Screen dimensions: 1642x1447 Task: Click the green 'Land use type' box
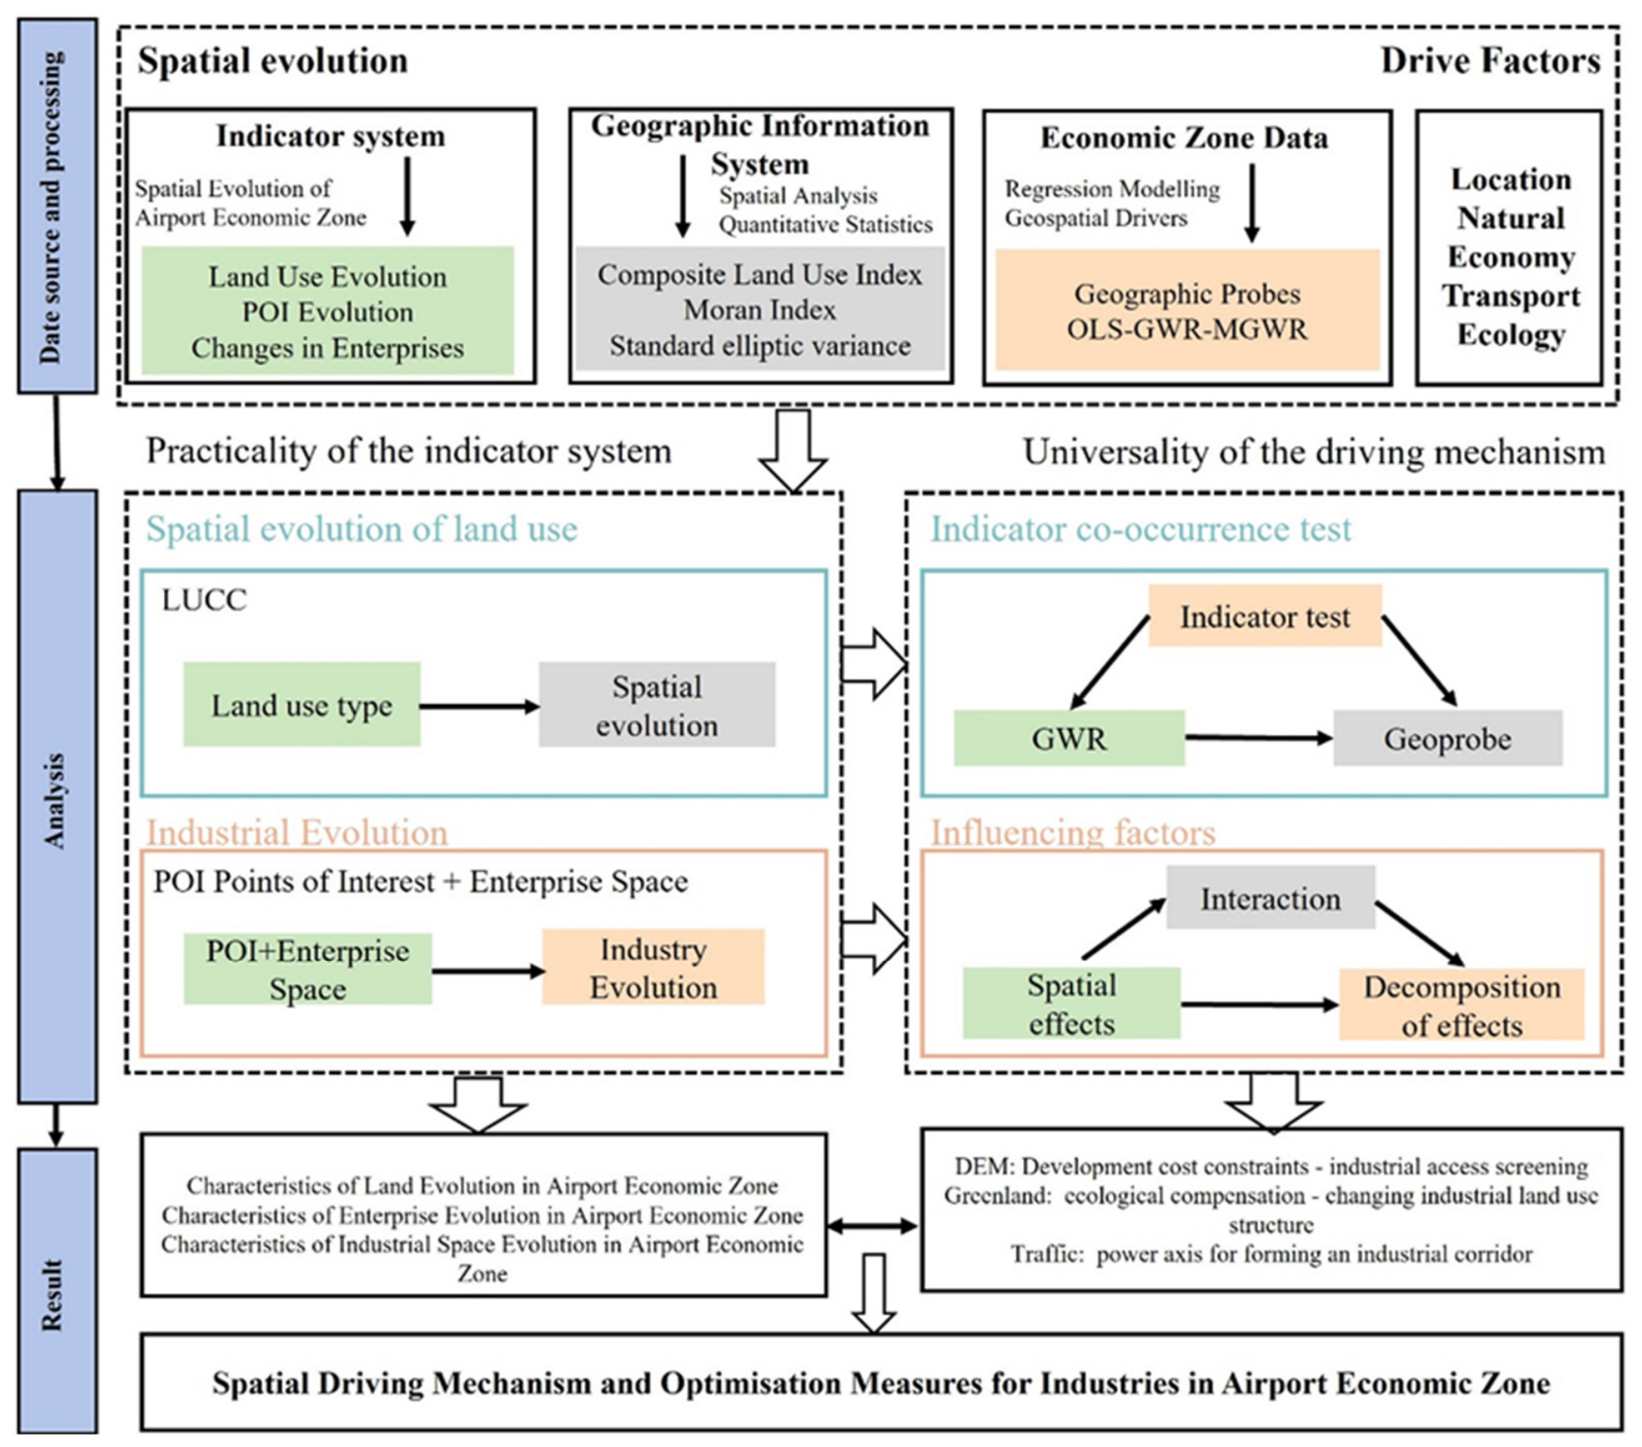tap(302, 704)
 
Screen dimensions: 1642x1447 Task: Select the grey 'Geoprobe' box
tap(1447, 738)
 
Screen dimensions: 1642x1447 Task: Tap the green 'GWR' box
tap(1069, 738)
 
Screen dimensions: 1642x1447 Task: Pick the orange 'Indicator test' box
tap(1264, 616)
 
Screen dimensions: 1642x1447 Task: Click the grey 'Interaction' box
tap(1271, 898)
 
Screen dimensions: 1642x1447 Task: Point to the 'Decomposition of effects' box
tap(1461, 1005)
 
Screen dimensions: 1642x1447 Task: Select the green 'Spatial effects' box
tap(1071, 1003)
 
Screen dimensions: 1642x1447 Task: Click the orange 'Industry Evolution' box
tap(654, 967)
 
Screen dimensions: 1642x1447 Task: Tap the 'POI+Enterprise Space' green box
tap(307, 969)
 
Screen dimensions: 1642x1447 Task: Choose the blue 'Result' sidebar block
tap(57, 1290)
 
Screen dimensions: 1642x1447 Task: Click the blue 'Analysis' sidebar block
tap(57, 797)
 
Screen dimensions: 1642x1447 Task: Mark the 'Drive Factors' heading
tap(1490, 61)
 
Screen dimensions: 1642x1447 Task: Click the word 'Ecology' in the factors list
tap(1510, 335)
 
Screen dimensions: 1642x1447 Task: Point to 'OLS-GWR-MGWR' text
tap(1187, 329)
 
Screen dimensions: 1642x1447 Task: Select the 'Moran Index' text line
tap(760, 310)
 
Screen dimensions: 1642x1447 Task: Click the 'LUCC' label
tap(204, 600)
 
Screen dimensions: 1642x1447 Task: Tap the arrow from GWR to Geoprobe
tap(1258, 738)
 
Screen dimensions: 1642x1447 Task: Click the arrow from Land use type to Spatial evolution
tap(479, 707)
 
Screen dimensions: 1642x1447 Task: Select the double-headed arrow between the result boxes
tap(872, 1226)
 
